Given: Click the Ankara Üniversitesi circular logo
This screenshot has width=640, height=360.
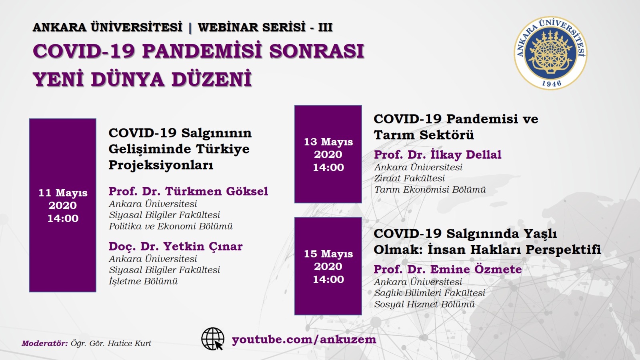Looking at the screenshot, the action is (550, 53).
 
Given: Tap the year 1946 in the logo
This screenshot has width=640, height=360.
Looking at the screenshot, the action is (552, 83).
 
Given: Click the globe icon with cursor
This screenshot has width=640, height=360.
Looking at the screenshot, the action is (213, 339).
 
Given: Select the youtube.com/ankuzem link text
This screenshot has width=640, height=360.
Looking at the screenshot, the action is (304, 340).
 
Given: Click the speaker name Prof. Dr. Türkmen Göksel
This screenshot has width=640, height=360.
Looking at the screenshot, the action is (188, 191).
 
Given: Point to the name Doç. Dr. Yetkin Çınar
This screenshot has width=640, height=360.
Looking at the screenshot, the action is (176, 246).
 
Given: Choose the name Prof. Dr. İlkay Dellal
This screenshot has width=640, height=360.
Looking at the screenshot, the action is (438, 154).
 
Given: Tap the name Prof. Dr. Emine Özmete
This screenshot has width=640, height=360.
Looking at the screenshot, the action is (448, 269).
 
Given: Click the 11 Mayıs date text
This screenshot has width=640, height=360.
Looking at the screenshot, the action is (63, 192).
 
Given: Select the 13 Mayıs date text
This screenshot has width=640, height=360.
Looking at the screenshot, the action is (328, 142).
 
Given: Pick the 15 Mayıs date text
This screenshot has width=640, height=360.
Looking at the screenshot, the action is (328, 254).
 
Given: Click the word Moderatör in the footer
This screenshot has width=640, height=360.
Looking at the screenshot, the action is (45, 343).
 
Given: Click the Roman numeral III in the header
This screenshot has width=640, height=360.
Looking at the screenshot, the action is (325, 28).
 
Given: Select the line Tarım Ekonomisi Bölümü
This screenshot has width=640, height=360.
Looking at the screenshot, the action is (430, 190).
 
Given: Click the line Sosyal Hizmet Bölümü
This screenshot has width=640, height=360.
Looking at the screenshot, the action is (424, 304).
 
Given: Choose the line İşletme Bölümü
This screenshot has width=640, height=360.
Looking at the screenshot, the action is (143, 281).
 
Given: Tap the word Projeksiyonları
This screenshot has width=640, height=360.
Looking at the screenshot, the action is (161, 165).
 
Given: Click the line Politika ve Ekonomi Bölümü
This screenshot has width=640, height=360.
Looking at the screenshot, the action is (170, 226).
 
